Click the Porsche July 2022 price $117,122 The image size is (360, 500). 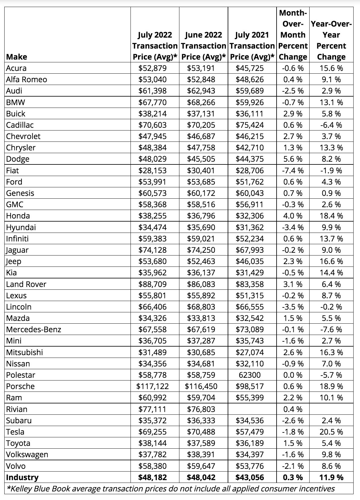(152, 386)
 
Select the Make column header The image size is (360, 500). (17, 57)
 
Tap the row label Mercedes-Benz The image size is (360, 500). (34, 329)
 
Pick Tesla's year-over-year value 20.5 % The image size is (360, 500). (331, 432)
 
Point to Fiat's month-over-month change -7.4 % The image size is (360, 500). (293, 171)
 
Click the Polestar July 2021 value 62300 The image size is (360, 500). (250, 375)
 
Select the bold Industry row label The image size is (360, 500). (22, 477)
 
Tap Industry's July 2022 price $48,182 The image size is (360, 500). (152, 477)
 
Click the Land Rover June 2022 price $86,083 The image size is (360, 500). (201, 284)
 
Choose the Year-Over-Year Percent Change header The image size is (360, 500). (331, 40)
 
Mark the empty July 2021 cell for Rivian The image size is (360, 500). (252, 409)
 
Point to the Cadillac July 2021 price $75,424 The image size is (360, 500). (250, 125)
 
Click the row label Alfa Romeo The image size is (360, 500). (27, 79)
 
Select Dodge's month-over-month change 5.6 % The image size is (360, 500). (293, 159)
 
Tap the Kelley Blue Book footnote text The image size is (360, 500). (171, 489)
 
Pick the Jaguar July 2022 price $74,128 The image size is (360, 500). (152, 250)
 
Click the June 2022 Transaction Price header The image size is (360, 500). (203, 46)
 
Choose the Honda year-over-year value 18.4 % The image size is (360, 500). (331, 216)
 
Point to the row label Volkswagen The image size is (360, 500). (27, 454)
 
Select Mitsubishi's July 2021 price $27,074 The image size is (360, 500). (250, 352)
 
